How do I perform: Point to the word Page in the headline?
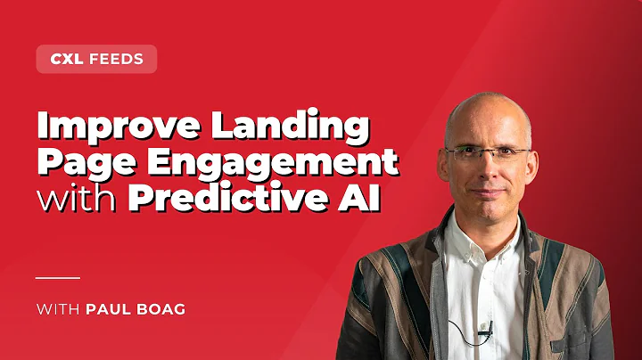coord(80,164)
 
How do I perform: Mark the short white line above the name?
coord(58,277)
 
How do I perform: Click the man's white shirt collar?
coord(464,233)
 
